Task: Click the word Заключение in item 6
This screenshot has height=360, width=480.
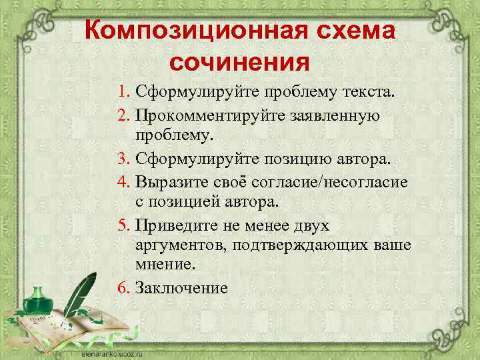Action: pos(181,288)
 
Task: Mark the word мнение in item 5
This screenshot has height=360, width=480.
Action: pos(165,265)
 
